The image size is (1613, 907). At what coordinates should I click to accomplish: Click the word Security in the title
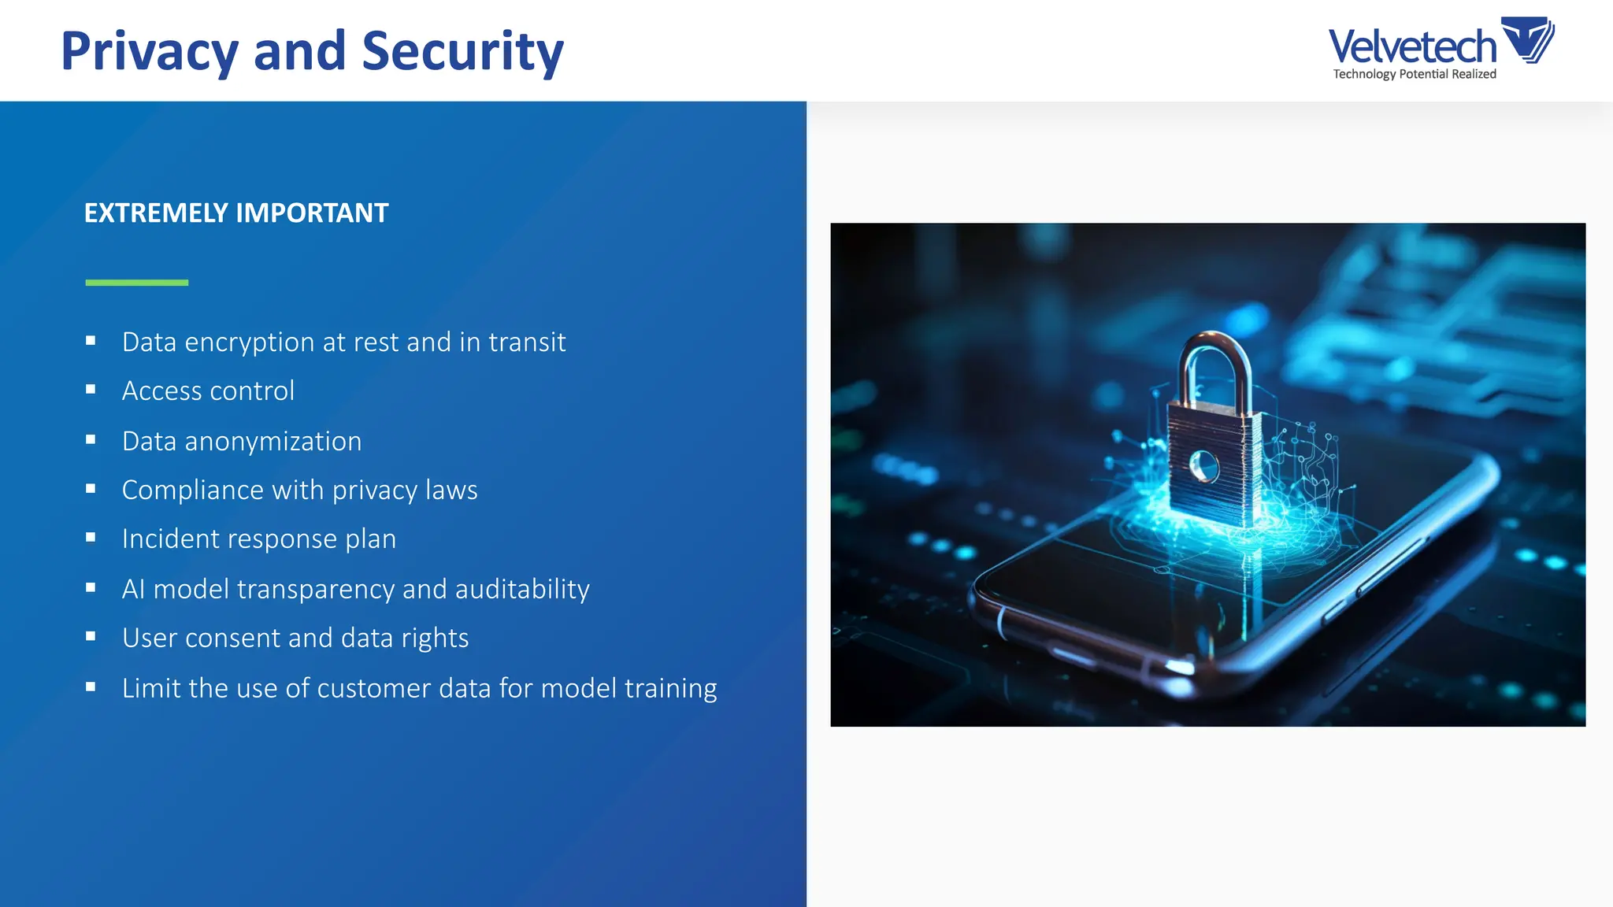(x=462, y=52)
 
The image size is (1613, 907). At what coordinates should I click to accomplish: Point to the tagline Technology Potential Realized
(x=1415, y=74)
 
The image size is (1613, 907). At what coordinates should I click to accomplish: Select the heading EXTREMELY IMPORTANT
(x=236, y=213)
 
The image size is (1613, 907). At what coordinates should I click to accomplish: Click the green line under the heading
(x=137, y=282)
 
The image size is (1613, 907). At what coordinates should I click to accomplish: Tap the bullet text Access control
(x=208, y=391)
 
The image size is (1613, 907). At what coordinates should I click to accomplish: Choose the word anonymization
(x=273, y=442)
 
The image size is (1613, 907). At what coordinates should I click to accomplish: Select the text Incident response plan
(x=259, y=539)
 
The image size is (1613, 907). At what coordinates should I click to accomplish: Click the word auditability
(x=522, y=589)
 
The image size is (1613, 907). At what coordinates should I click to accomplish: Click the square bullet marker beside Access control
(x=91, y=390)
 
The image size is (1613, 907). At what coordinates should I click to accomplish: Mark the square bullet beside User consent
(x=91, y=636)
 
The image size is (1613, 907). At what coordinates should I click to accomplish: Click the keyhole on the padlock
(x=1203, y=466)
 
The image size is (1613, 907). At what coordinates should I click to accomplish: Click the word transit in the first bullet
(x=527, y=342)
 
